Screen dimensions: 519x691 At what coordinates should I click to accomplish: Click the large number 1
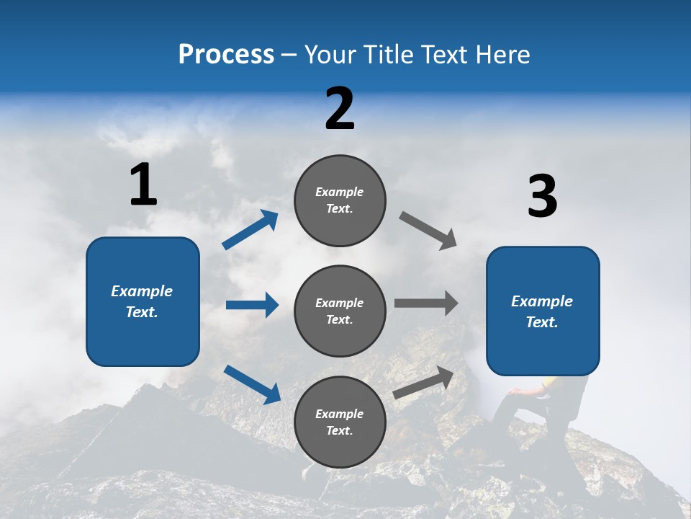[143, 185]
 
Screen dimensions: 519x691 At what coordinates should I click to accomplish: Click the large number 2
[340, 109]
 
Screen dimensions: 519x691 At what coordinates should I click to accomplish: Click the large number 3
[542, 197]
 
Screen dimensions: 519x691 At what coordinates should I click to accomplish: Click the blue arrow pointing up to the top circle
[250, 229]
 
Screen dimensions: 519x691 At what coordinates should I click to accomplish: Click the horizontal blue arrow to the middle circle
[252, 305]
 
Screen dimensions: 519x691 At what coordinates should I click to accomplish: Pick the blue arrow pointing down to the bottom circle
[252, 383]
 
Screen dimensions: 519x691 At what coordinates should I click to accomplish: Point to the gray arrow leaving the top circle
[428, 231]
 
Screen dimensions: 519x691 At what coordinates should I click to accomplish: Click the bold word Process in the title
[226, 54]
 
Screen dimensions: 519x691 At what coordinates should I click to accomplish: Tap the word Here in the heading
[501, 54]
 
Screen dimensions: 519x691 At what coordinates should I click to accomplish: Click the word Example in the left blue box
[142, 291]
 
